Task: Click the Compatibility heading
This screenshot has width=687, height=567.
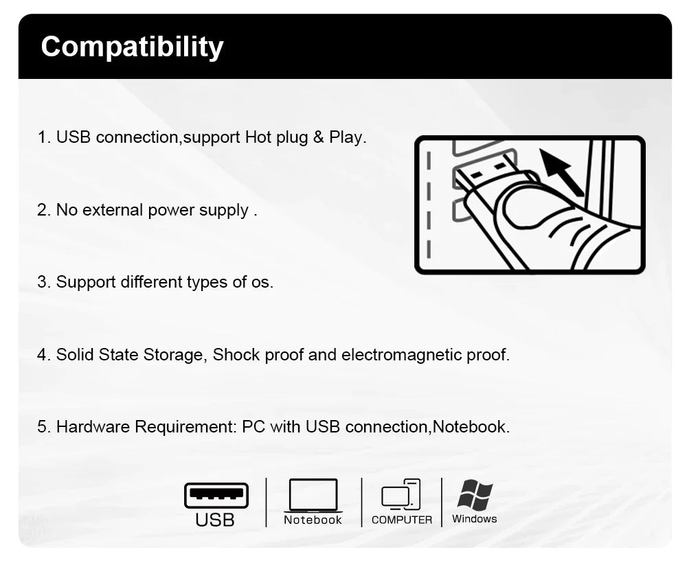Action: (133, 47)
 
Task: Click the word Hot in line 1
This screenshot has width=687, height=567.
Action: (258, 137)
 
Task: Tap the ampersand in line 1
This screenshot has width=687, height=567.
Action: (319, 137)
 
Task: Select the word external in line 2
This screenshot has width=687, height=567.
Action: (113, 210)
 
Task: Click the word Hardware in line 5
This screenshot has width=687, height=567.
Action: (93, 426)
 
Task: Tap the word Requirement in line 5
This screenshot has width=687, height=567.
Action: (185, 426)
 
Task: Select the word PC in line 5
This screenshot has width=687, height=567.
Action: (254, 426)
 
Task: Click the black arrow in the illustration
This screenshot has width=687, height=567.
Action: (561, 172)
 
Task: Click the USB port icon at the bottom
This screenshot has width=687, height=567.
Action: (216, 495)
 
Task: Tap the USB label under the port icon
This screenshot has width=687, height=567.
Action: (214, 520)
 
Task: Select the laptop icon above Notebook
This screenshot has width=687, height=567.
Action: (313, 495)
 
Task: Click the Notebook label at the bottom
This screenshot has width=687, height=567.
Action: (313, 520)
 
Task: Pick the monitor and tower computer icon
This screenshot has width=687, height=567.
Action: (401, 494)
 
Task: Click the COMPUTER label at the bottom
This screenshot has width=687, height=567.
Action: (402, 520)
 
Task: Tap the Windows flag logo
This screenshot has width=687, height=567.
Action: (475, 495)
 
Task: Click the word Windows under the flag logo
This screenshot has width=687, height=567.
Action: (475, 519)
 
